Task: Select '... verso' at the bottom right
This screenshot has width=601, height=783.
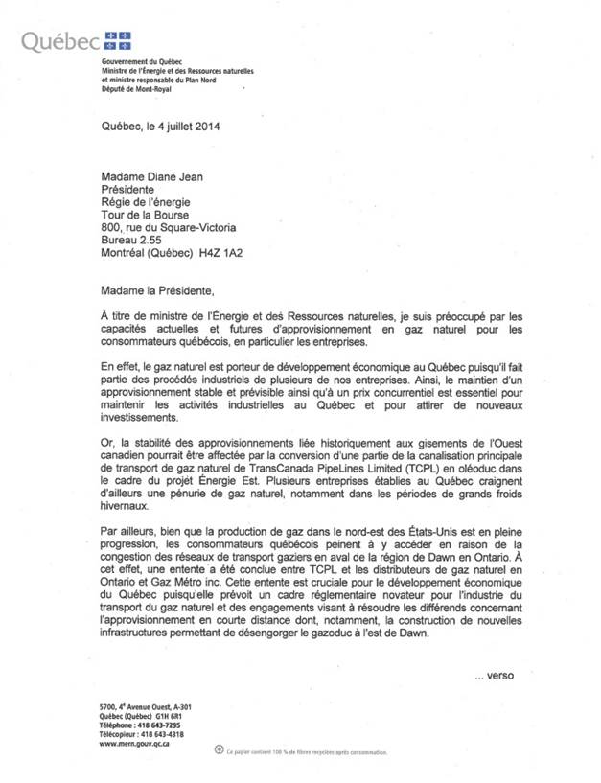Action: tap(495, 676)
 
